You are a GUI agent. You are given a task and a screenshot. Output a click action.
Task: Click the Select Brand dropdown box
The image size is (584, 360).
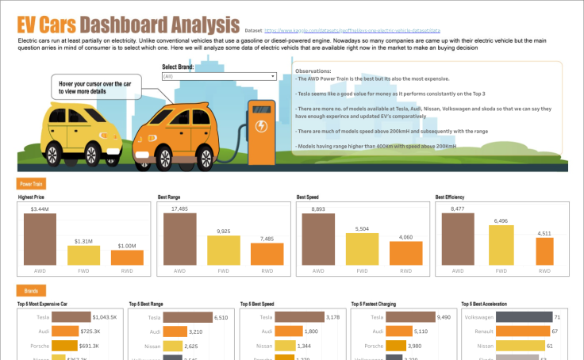(x=218, y=76)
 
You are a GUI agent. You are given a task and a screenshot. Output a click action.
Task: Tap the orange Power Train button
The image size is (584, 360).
(x=32, y=183)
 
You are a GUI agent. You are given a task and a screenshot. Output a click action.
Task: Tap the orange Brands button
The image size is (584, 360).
(x=31, y=291)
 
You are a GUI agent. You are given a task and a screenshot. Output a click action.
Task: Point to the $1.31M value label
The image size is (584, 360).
(x=83, y=241)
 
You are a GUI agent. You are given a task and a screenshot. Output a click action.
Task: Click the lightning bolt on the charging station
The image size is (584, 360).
(x=259, y=125)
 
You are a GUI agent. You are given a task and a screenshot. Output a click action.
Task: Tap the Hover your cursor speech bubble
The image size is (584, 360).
(x=95, y=86)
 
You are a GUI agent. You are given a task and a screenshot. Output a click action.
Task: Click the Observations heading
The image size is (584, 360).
(x=313, y=71)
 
